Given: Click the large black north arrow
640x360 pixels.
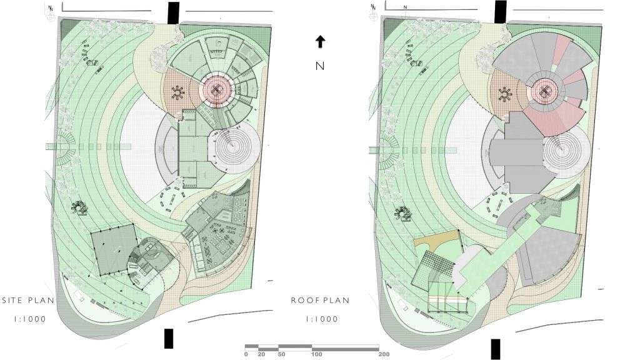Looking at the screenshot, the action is click(x=321, y=42).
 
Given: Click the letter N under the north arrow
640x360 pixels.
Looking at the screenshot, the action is click(x=320, y=66).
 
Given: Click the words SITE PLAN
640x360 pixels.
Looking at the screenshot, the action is click(x=28, y=301).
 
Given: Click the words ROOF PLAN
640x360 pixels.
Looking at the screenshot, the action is click(x=320, y=301).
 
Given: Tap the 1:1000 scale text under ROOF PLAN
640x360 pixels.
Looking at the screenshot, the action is click(x=322, y=319).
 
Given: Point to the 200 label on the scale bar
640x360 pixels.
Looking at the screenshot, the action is click(x=384, y=354).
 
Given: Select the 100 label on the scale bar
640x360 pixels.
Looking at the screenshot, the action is click(x=316, y=354).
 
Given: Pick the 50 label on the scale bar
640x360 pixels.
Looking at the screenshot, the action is click(x=282, y=354).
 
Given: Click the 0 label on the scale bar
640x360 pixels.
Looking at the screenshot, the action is click(x=246, y=354).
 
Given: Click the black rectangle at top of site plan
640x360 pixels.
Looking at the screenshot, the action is click(x=174, y=13).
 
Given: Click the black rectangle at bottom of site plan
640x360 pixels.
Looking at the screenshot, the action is click(x=169, y=339).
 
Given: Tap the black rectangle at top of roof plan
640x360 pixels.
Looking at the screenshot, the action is click(x=501, y=11).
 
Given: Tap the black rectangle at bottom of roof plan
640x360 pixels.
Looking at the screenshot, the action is click(x=496, y=349).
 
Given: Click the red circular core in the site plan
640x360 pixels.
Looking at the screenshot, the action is click(x=217, y=90).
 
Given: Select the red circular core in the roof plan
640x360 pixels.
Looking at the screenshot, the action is click(x=544, y=91).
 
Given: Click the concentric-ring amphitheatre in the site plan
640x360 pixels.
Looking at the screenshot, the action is click(x=234, y=147).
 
